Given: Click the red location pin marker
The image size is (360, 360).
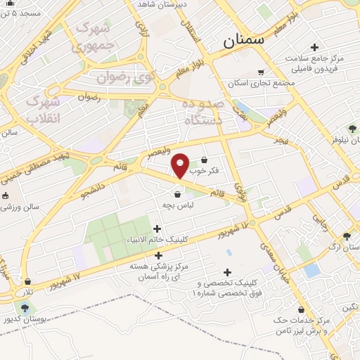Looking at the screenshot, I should tap(181, 167).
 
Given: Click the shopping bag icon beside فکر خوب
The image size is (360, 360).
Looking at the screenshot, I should tap(205, 160).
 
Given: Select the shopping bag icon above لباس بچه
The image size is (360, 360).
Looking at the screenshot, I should tap(177, 195).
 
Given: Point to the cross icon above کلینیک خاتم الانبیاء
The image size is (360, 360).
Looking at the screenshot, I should tap(157, 229).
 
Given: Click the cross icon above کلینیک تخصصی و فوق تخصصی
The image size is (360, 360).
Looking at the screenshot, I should tap(227, 272).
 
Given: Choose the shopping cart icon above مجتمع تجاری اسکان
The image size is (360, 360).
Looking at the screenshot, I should tap(261, 72).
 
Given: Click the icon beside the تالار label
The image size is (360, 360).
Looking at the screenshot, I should tap(27, 282).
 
